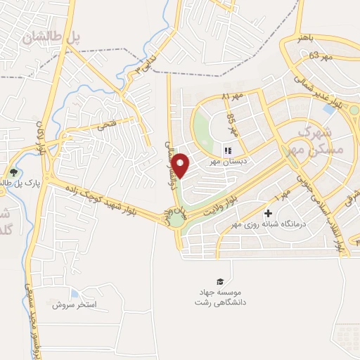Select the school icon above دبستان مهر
pos(226,150)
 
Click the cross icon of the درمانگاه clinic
pos(268,213)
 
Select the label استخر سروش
pos(79,306)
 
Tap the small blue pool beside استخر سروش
pos(75,294)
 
